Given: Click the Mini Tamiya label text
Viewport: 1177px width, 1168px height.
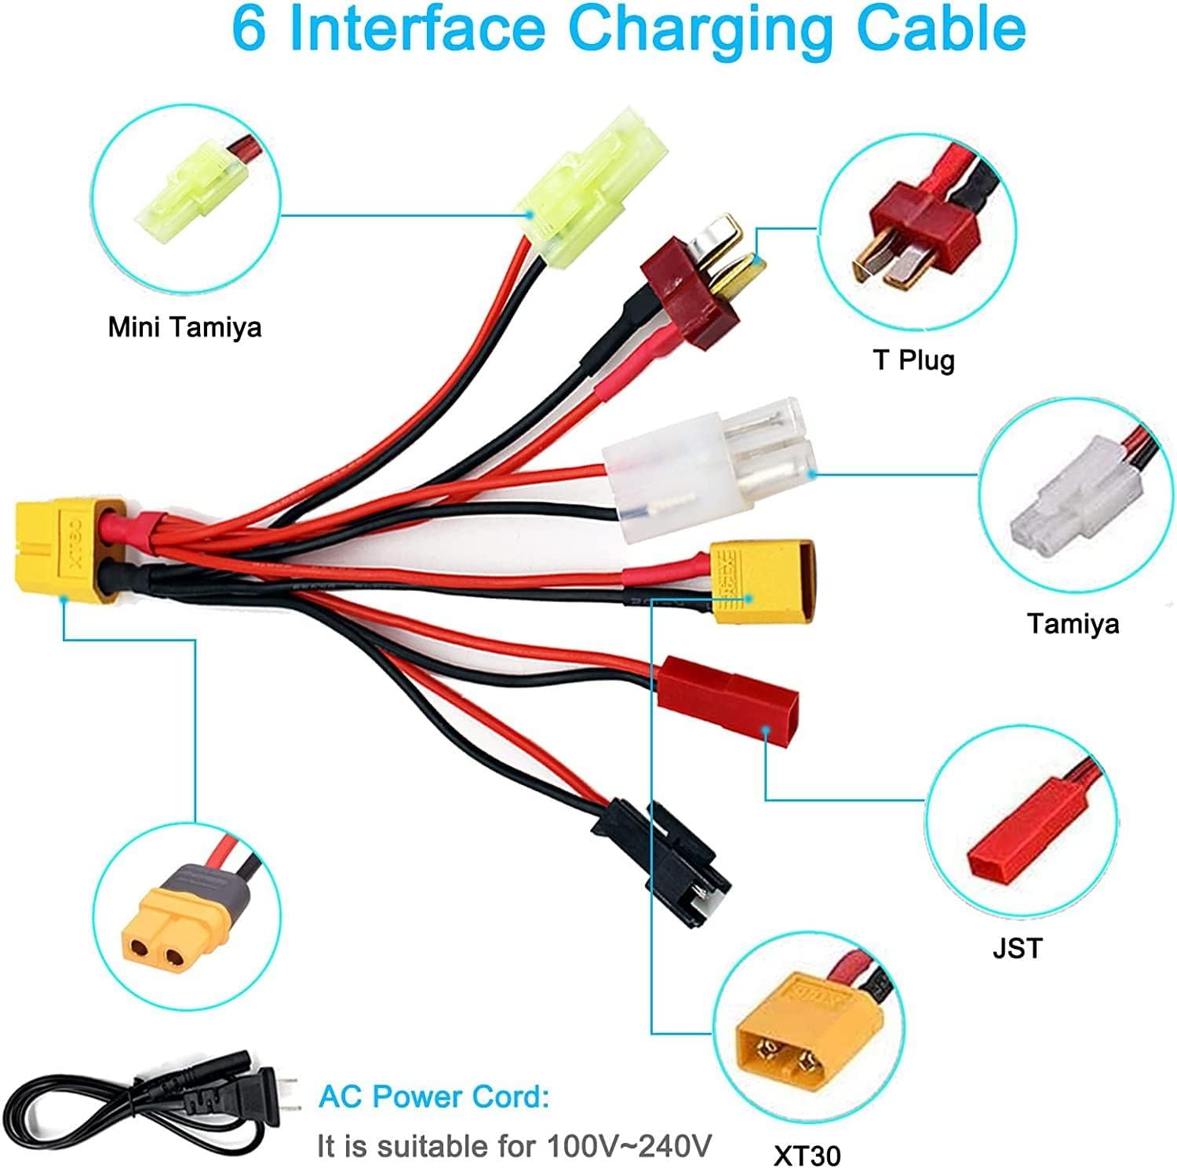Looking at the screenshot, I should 184,327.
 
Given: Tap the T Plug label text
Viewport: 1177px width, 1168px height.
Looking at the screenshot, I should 913,360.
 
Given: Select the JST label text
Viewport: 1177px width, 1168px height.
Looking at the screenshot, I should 1018,948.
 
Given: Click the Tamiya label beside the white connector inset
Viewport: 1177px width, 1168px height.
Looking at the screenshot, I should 1073,624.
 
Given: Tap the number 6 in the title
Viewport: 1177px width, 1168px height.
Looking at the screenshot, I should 249,28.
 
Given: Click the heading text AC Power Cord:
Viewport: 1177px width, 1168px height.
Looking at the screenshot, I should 434,1097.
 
